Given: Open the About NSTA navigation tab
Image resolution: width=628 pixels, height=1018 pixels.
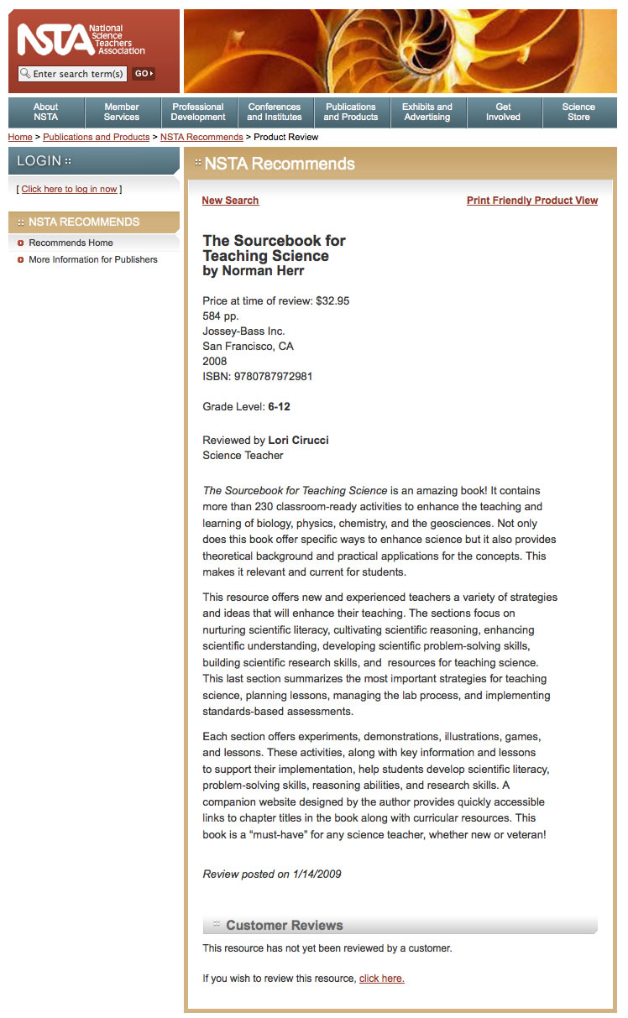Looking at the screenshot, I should click(46, 112).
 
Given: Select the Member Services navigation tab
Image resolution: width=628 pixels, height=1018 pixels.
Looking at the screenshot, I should click(122, 112).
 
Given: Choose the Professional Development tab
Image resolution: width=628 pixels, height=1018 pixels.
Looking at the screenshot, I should click(198, 112).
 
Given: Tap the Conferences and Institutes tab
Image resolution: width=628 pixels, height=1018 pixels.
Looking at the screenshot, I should click(275, 112).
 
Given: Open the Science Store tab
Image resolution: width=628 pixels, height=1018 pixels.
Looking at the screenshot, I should click(578, 112).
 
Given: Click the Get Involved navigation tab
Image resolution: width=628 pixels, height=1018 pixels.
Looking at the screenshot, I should click(504, 112).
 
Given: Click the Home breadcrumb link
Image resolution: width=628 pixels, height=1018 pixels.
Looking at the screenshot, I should click(20, 137).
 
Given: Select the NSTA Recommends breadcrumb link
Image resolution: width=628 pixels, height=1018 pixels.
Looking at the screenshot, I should click(201, 137).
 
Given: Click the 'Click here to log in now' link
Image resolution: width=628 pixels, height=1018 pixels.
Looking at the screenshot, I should click(69, 189).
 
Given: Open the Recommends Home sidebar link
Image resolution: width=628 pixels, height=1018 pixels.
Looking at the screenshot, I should click(71, 243).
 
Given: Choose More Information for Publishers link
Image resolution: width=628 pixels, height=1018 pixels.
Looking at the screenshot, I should click(92, 259).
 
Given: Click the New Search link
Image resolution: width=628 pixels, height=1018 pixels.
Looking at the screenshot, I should click(230, 201).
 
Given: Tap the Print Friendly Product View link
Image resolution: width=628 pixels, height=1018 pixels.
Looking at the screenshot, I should click(532, 201).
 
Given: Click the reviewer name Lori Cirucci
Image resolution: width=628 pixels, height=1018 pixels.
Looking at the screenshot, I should click(298, 440).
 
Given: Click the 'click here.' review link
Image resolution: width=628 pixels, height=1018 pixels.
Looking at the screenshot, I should click(381, 978).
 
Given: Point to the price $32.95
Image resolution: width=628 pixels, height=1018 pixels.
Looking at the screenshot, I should click(332, 300).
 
